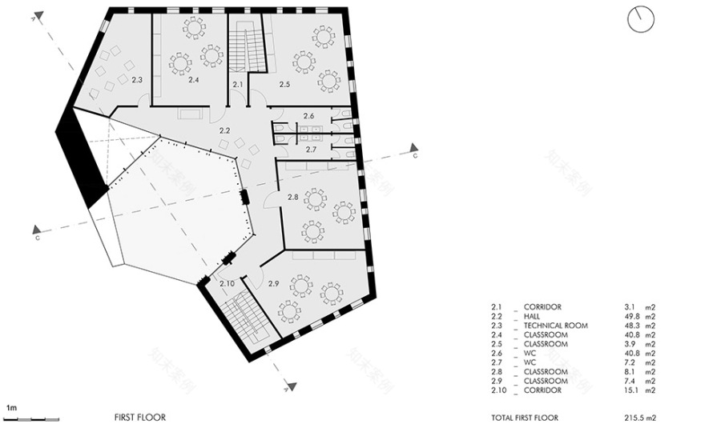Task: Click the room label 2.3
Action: pos(137,80)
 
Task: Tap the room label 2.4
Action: pos(193,80)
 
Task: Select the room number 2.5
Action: pos(284,83)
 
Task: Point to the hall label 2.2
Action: pos(225,130)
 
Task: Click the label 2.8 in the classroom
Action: pos(292,197)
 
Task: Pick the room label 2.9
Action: pos(273,284)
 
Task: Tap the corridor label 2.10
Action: pos(227,283)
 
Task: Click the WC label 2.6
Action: pos(309,117)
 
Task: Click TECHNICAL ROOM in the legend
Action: pos(555,326)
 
